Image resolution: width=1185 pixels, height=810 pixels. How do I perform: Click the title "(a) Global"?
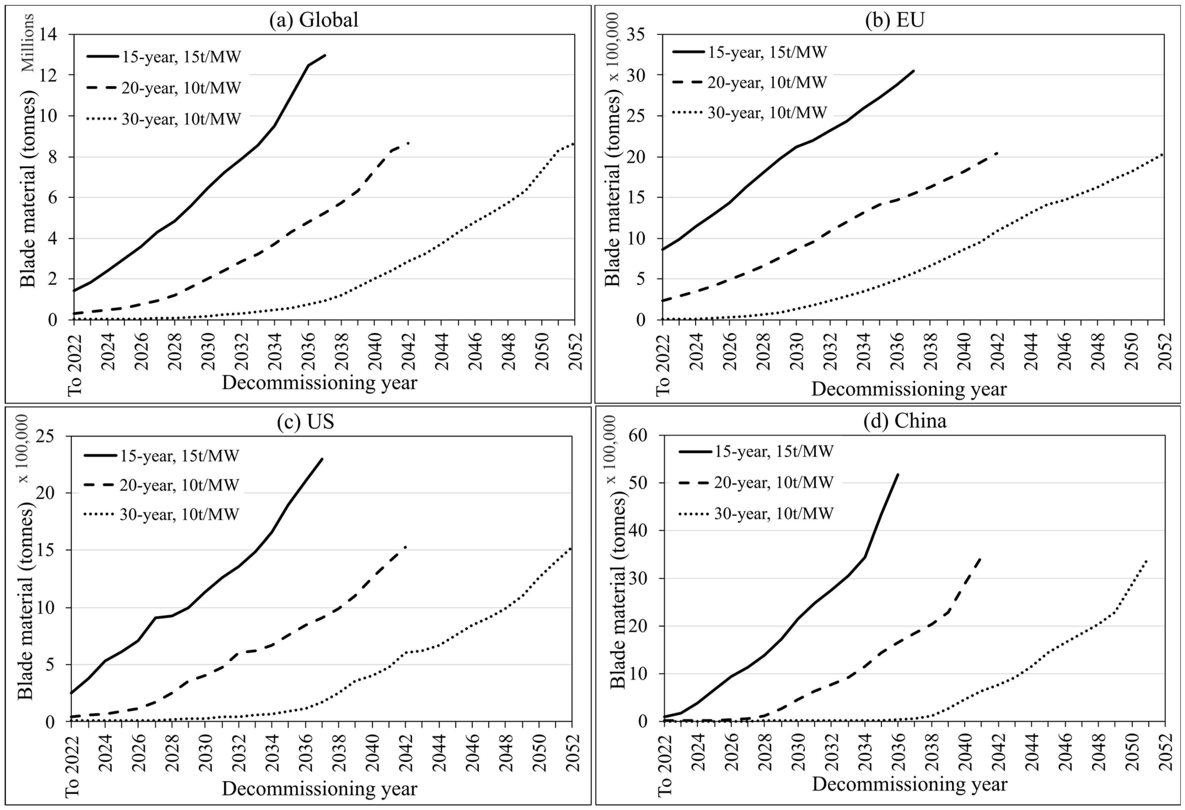(313, 20)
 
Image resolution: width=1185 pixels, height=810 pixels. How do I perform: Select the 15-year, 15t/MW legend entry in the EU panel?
(750, 52)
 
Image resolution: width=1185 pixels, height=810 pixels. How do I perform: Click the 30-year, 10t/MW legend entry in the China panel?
(756, 513)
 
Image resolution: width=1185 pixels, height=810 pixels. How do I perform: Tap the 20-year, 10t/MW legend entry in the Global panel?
(164, 88)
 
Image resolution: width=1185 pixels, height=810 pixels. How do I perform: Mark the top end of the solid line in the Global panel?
(325, 55)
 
